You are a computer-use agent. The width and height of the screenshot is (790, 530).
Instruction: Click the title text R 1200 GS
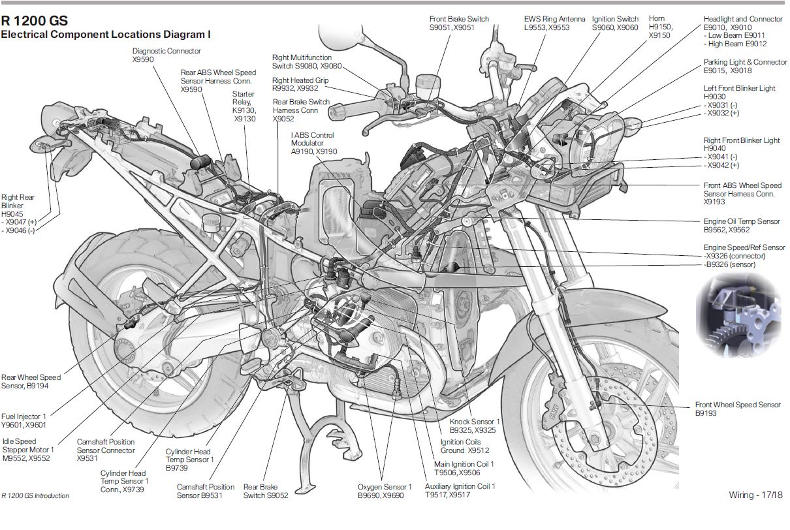tap(35, 20)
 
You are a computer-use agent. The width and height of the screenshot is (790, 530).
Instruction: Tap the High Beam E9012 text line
tap(735, 44)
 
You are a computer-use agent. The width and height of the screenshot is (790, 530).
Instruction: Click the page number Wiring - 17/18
tap(755, 495)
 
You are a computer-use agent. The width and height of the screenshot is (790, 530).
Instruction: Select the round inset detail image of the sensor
tap(738, 315)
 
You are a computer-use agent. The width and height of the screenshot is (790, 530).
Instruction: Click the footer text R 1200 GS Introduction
tap(35, 496)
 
